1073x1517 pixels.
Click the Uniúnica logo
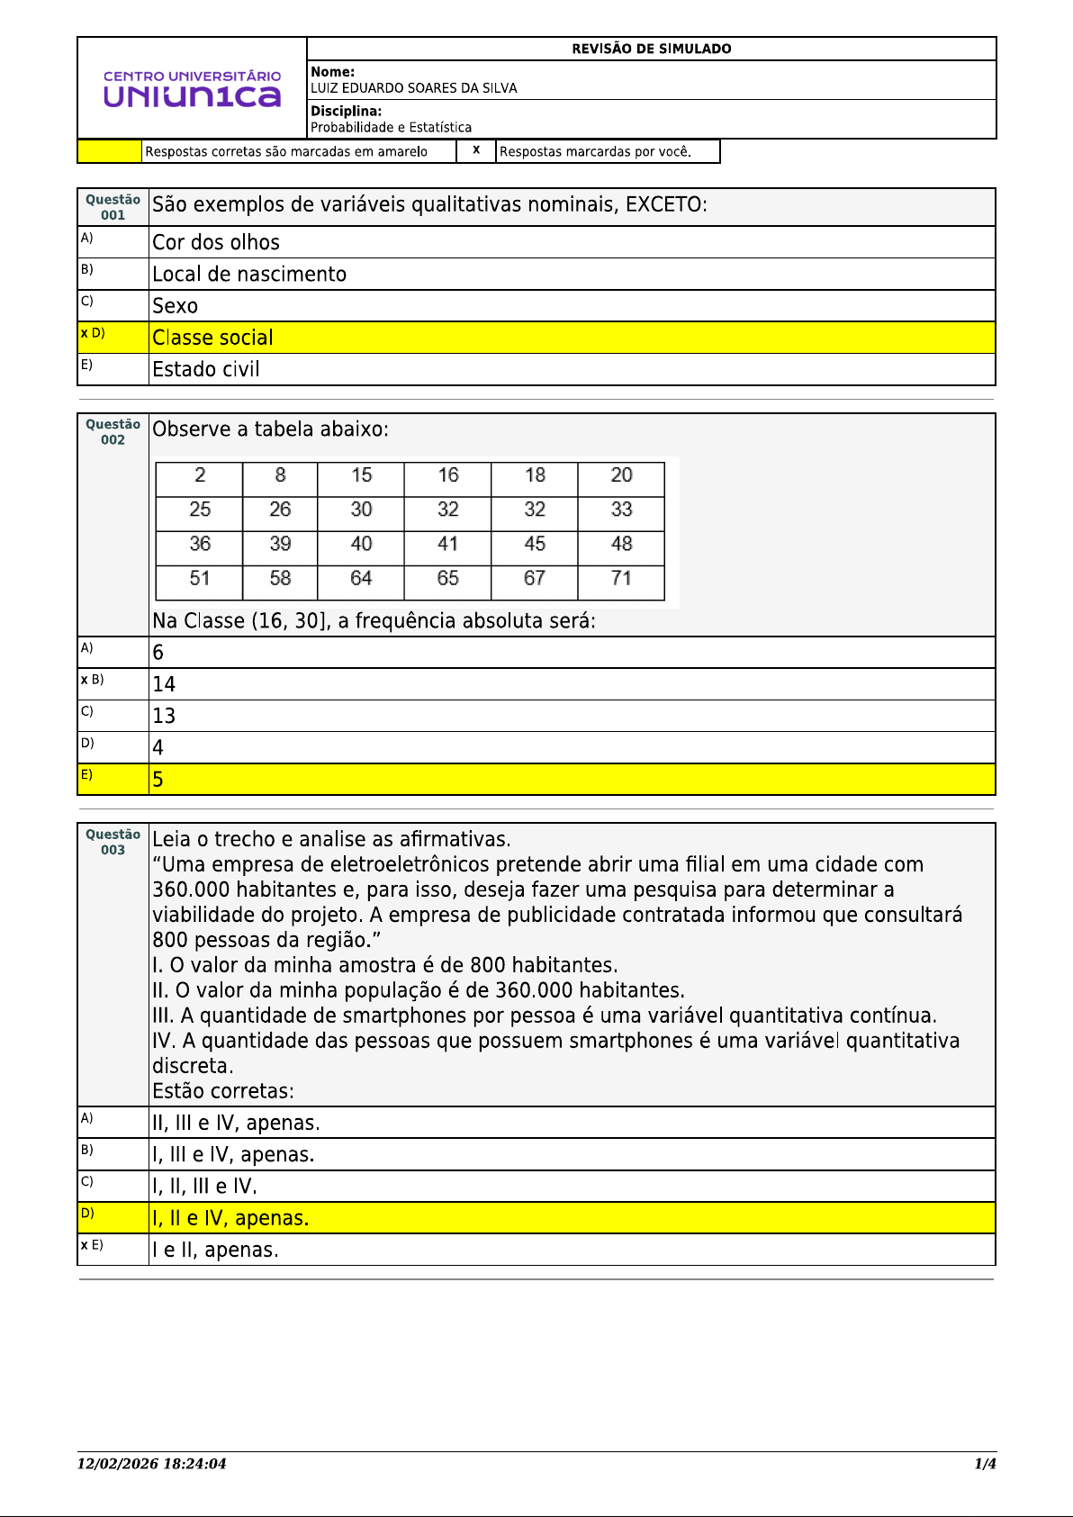click(192, 88)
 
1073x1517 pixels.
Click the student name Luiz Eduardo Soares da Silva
click(414, 88)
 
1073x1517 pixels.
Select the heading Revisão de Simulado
click(651, 49)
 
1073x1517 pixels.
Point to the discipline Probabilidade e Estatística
click(391, 128)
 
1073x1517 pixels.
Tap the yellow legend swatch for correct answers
click(110, 151)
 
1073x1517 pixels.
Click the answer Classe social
click(212, 338)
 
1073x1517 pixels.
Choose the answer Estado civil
click(206, 369)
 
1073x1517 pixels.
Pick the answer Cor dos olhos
click(216, 242)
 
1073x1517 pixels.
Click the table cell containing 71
click(621, 578)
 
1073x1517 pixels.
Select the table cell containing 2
click(200, 475)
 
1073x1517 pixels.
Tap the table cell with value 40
click(361, 544)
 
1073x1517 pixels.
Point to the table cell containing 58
click(280, 578)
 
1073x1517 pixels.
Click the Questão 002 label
click(113, 432)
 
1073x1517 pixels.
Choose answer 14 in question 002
click(164, 684)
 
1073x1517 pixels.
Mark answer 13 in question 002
click(164, 716)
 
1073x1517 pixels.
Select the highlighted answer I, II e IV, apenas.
click(230, 1218)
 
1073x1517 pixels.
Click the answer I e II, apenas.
click(215, 1250)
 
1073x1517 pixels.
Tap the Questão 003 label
click(113, 842)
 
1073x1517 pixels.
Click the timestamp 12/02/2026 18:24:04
click(151, 1464)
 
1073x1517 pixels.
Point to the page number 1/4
click(985, 1464)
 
